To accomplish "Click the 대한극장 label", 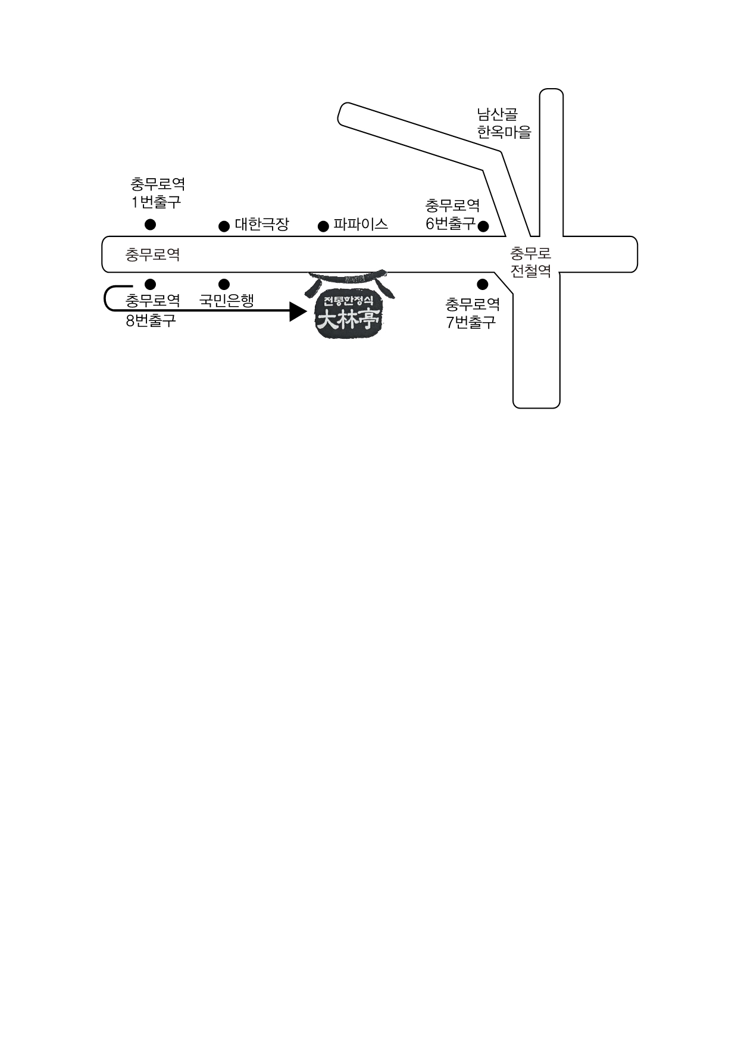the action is pos(262,225).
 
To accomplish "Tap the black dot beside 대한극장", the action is pos(224,226).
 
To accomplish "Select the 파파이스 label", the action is pos(361,224).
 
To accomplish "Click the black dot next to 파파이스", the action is pos(323,226).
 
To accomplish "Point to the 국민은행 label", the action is pos(227,300).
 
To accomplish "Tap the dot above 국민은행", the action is pos(224,284).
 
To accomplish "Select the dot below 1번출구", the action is pos(151,225).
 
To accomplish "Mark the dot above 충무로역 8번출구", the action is pos(150,284).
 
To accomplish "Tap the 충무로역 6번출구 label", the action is pos(452,214).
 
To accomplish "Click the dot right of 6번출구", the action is pos(483,226).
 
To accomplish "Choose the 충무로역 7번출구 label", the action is pos(473,313).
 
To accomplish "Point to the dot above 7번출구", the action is pos(483,285).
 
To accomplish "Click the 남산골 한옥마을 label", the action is pos(504,123).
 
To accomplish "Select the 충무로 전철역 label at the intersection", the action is pos(531,262).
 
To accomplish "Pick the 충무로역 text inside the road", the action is pos(153,255).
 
